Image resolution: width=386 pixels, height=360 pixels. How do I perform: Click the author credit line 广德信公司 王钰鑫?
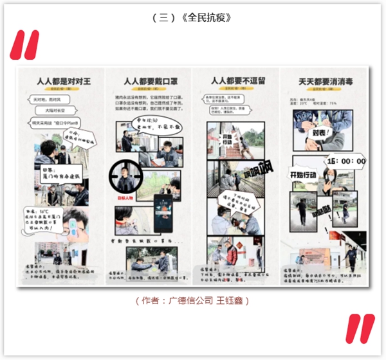(x=192, y=300)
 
